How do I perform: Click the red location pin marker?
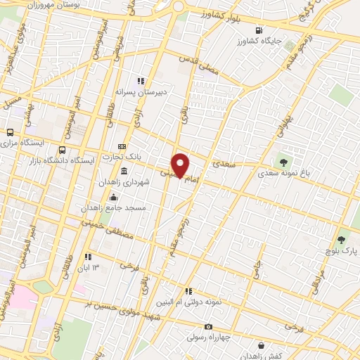click(x=181, y=165)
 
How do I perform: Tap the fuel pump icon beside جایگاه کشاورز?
click(x=260, y=30)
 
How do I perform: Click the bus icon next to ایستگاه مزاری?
click(x=10, y=131)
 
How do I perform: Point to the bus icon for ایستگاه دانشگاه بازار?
click(x=63, y=149)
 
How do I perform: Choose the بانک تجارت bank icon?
click(x=122, y=146)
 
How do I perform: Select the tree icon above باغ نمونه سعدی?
click(x=284, y=162)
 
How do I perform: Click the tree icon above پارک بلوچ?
click(x=342, y=239)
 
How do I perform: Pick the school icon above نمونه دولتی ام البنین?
click(x=188, y=290)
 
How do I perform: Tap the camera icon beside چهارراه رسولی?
click(x=208, y=326)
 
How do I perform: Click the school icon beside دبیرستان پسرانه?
click(x=141, y=80)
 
